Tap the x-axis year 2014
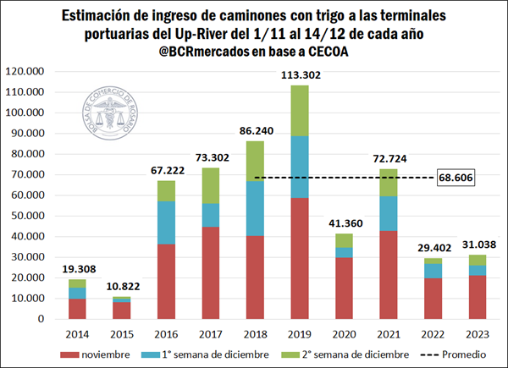point(77,332)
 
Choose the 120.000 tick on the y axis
point(29,72)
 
